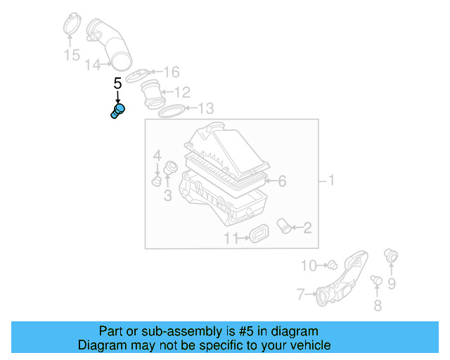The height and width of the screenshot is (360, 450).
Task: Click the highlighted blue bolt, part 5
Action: pyautogui.click(x=117, y=111)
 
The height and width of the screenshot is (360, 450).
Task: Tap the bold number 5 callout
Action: pyautogui.click(x=117, y=84)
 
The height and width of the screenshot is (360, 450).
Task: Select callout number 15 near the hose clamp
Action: pyautogui.click(x=72, y=55)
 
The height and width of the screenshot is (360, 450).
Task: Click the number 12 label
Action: pyautogui.click(x=182, y=92)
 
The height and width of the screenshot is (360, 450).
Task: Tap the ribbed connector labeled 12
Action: pyautogui.click(x=152, y=94)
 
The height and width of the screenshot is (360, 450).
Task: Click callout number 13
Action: pyautogui.click(x=205, y=108)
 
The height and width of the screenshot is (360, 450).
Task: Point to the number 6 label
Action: pyautogui.click(x=281, y=181)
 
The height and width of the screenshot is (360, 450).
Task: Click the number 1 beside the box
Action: pyautogui.click(x=331, y=181)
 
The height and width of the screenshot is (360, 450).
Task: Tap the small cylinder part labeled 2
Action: pyautogui.click(x=285, y=226)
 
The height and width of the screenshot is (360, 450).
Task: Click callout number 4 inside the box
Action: pyautogui.click(x=157, y=155)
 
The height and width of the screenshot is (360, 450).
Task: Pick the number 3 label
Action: pyautogui.click(x=167, y=195)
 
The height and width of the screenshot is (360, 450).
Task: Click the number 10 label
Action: pyautogui.click(x=309, y=265)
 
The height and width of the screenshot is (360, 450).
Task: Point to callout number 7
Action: pyautogui.click(x=300, y=294)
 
